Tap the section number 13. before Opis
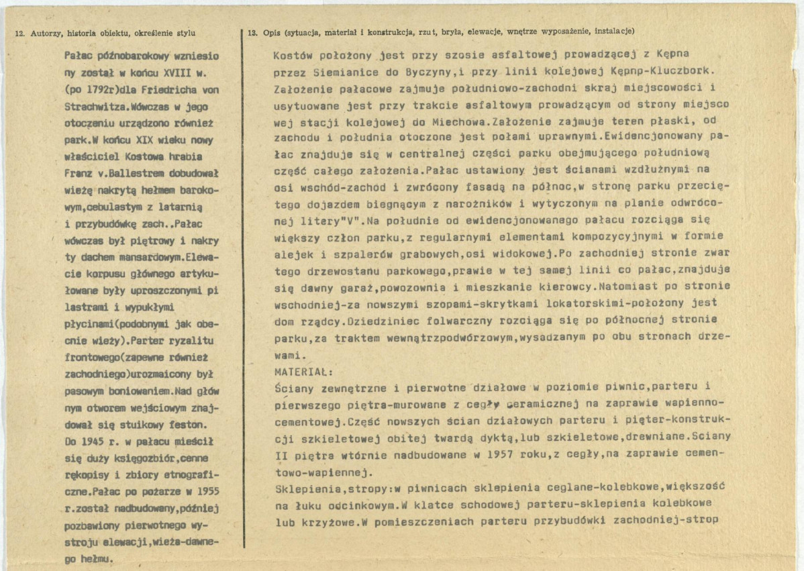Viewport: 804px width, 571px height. pyautogui.click(x=252, y=32)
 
